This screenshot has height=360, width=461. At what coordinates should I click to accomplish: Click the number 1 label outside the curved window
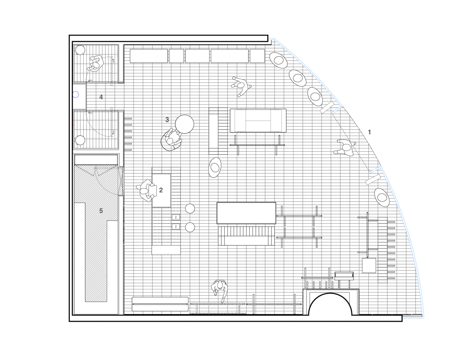(x=370, y=132)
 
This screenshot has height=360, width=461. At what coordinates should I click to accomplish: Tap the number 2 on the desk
(x=161, y=190)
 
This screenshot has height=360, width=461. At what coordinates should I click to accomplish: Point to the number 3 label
(x=167, y=120)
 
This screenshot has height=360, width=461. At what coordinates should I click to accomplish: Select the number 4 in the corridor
(x=101, y=97)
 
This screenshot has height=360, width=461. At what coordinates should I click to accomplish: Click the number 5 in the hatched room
(x=101, y=211)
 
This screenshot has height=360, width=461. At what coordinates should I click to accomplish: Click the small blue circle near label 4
(x=76, y=94)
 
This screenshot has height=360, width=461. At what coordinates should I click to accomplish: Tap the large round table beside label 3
(x=185, y=124)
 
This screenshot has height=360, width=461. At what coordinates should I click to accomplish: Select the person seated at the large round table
(x=172, y=140)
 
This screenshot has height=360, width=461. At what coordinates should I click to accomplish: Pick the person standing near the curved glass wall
(x=344, y=148)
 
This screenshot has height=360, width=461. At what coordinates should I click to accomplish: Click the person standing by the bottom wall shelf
(x=219, y=291)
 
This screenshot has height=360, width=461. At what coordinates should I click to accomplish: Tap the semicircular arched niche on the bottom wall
(x=330, y=304)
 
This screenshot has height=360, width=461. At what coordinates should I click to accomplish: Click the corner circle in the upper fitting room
(x=80, y=50)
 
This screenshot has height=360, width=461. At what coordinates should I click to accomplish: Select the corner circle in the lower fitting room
(x=80, y=140)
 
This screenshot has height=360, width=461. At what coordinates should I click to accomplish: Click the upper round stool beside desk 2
(x=190, y=208)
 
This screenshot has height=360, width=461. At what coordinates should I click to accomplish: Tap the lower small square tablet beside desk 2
(x=176, y=227)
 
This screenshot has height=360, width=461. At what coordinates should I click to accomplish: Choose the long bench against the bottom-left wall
(x=160, y=304)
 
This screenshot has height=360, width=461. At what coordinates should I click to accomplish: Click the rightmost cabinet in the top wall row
(x=257, y=56)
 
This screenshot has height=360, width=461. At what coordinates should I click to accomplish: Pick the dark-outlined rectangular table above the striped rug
(x=246, y=213)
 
